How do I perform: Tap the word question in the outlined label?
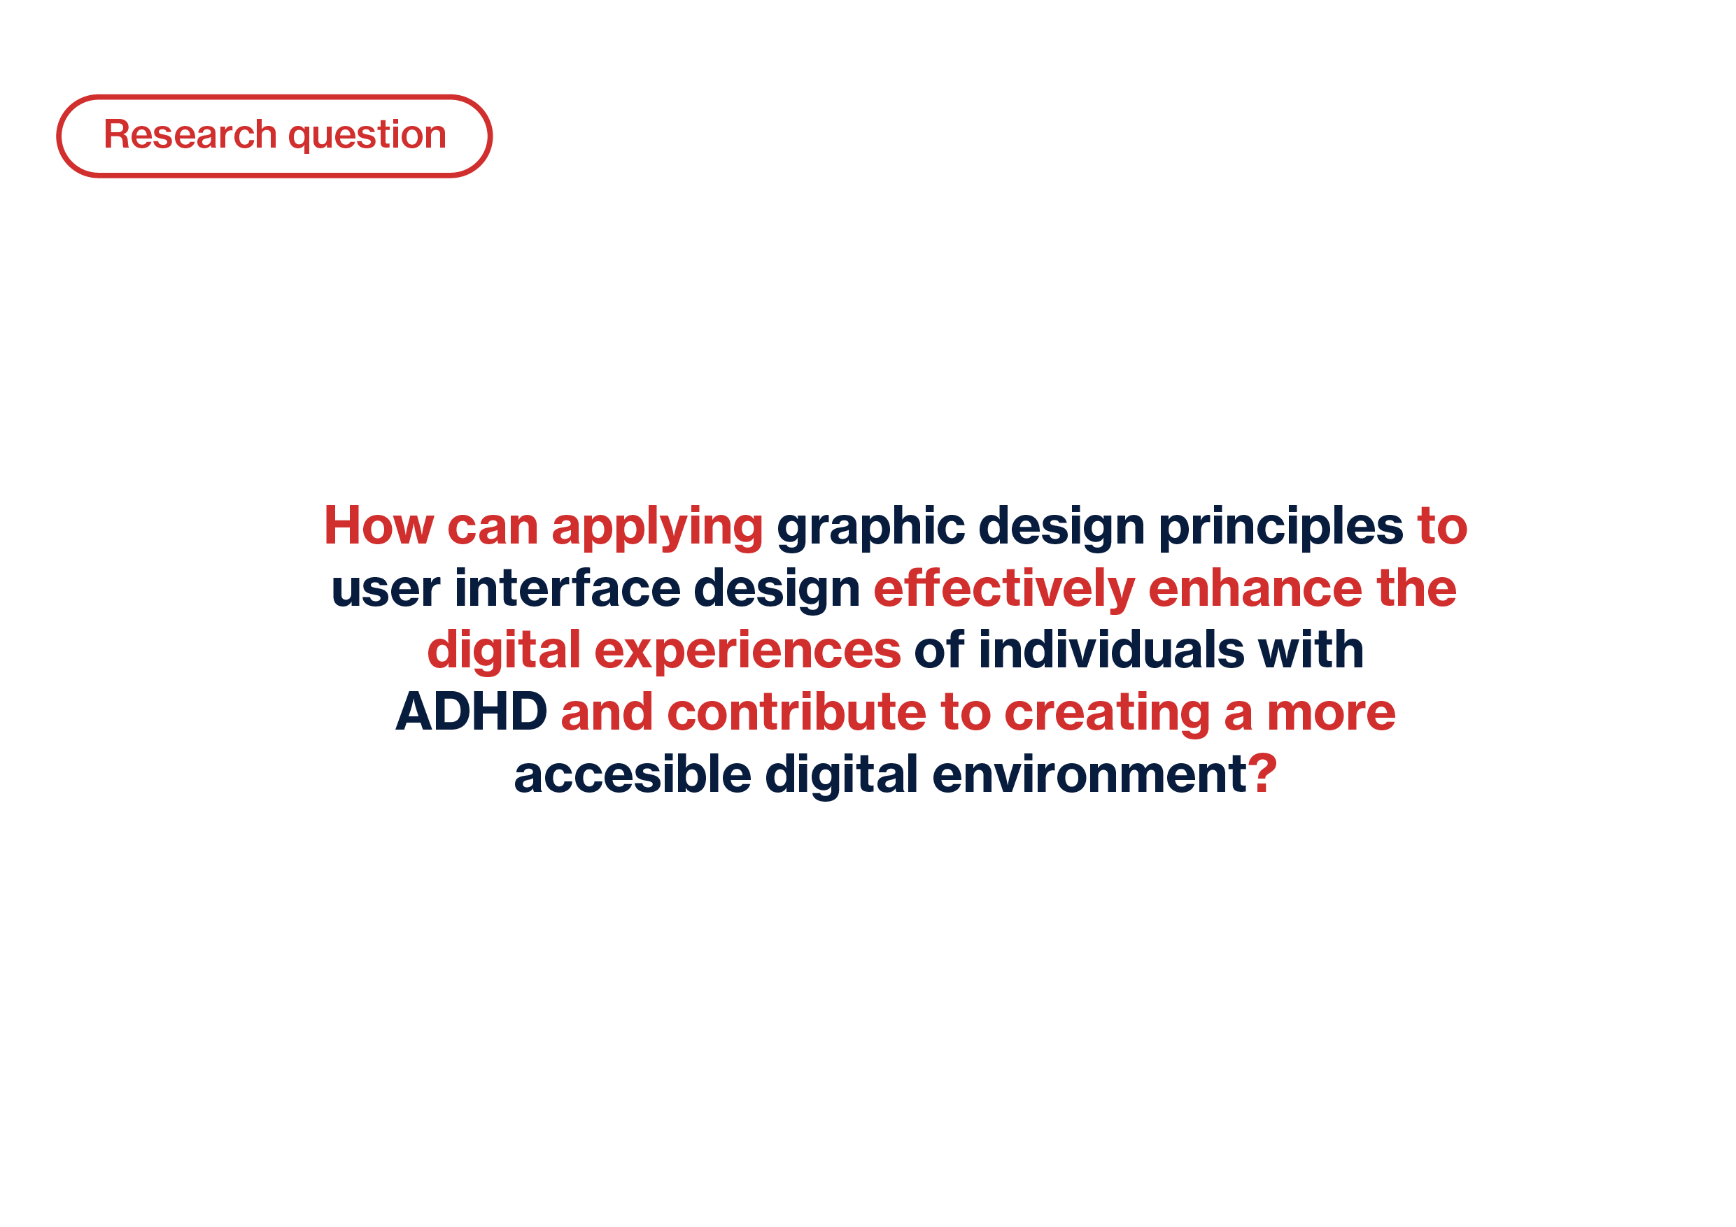367,137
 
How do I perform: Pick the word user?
386,589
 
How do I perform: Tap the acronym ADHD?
471,711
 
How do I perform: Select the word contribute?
796,711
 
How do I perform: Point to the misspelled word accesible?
633,774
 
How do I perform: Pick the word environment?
1089,775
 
